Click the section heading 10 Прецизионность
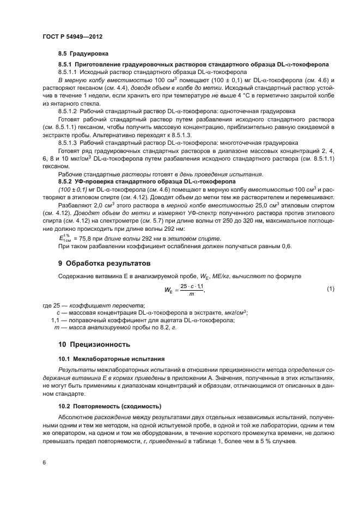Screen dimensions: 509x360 tap(94, 344)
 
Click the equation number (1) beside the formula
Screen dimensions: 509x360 tap(330, 288)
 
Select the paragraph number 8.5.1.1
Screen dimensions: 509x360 tap(68, 72)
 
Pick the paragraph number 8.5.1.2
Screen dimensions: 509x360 tap(68, 111)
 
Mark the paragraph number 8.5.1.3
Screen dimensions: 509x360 tap(68, 143)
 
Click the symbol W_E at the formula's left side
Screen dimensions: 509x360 tap(167, 289)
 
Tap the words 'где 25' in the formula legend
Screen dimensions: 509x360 tap(50, 305)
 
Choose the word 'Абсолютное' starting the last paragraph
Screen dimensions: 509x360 tap(76, 416)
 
